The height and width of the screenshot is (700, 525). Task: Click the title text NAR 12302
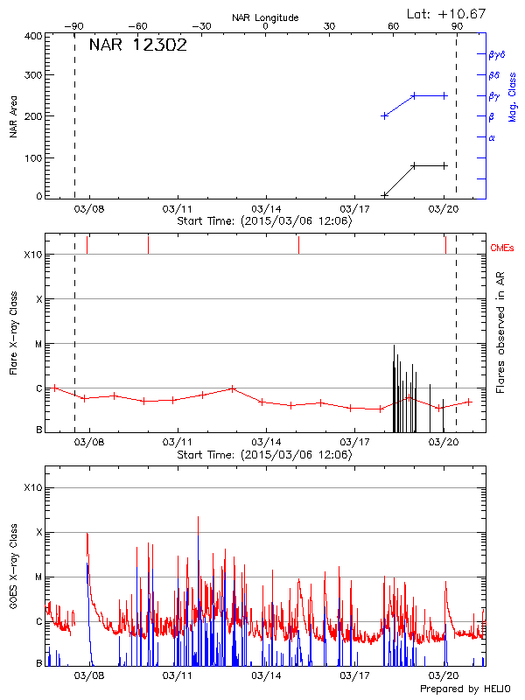[137, 45]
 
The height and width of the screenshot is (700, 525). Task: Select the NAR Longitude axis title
[265, 17]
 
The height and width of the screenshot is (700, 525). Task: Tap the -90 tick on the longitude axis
[75, 26]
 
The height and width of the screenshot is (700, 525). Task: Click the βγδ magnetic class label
[496, 54]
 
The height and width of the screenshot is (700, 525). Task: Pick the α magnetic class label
[492, 138]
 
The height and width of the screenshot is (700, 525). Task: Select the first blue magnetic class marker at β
[384, 115]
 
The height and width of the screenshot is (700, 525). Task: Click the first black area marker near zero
[384, 195]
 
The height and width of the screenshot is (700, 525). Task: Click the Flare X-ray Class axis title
[15, 332]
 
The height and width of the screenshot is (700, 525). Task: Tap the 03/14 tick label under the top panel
[266, 210]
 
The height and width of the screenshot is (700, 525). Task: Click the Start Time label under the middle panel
[264, 455]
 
